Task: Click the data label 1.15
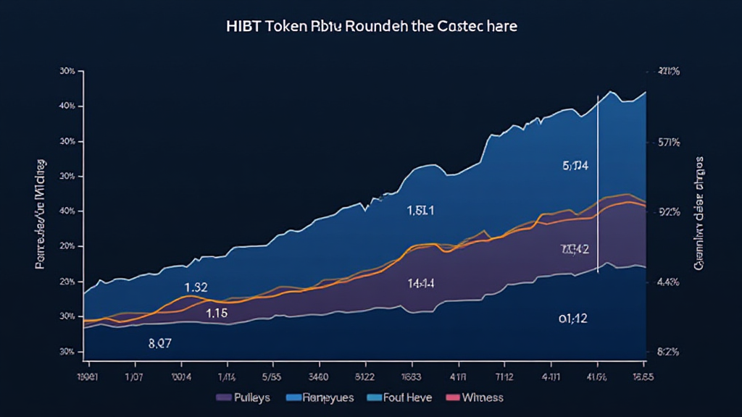point(217,314)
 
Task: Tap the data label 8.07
point(159,344)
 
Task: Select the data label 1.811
point(420,211)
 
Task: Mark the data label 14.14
point(420,284)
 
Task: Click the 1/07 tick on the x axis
point(134,376)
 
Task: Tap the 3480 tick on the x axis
point(319,376)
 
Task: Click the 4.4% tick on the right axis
point(667,283)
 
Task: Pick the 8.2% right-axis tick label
point(667,352)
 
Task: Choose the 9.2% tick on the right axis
point(667,212)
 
